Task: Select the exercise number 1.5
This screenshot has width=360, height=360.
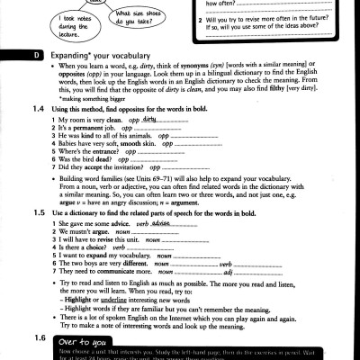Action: [x=38, y=213]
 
